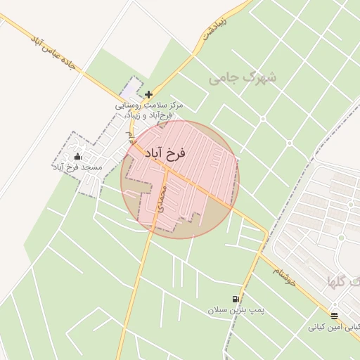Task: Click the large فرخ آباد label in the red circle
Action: click(x=165, y=153)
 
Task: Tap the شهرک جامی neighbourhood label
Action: click(x=243, y=77)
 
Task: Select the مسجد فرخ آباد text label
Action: click(x=77, y=167)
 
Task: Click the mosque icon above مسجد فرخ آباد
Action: click(x=77, y=156)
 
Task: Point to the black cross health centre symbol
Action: click(x=148, y=94)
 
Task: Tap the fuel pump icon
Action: click(x=235, y=299)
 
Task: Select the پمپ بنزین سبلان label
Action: click(x=234, y=310)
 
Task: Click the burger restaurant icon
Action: click(x=334, y=316)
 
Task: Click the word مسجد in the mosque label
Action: click(x=92, y=167)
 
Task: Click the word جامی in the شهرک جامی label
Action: click(x=226, y=78)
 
